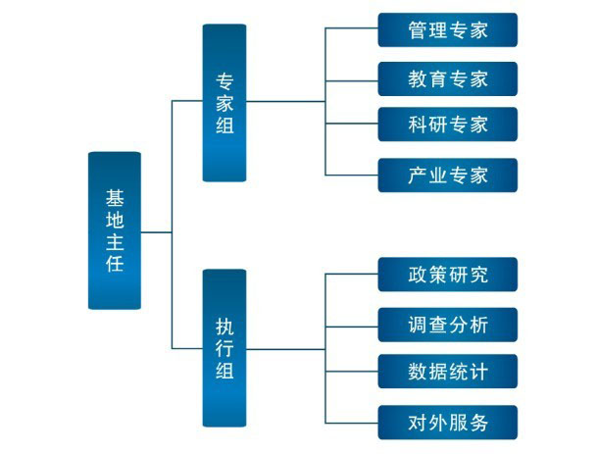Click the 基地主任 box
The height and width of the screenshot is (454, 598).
(115, 230)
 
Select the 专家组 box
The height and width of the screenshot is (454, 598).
(224, 102)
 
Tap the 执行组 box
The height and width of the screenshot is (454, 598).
(224, 348)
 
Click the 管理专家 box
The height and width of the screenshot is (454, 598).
(447, 29)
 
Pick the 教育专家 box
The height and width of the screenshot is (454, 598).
(447, 77)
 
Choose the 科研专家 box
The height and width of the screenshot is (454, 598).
(447, 126)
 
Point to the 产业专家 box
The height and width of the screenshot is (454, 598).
(447, 176)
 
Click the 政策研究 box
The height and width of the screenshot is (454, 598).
(447, 275)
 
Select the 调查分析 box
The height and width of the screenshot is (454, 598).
(447, 324)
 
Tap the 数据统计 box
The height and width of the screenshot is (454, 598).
(447, 373)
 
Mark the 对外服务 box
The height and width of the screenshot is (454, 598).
(447, 422)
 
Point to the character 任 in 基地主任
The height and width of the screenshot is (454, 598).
(115, 264)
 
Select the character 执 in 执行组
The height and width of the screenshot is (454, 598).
(224, 325)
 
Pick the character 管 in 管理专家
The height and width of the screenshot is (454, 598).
(417, 29)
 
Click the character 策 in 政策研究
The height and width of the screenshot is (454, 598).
(437, 275)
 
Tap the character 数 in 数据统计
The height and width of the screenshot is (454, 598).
(417, 373)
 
